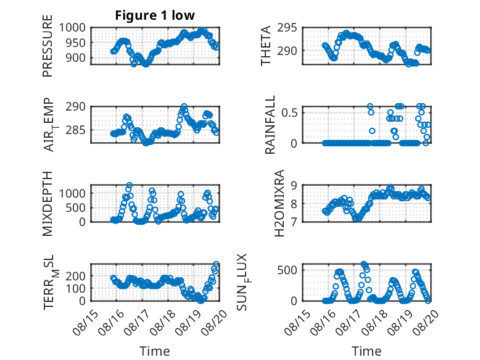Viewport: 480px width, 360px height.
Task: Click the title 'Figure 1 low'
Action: tap(155, 15)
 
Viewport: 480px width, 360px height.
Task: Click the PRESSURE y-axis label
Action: tap(48, 46)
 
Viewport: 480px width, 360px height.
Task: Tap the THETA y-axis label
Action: tap(266, 46)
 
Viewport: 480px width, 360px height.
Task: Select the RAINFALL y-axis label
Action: tap(270, 125)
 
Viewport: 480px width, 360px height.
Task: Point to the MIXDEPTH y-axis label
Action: tap(48, 204)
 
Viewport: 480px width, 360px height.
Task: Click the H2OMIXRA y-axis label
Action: tap(279, 203)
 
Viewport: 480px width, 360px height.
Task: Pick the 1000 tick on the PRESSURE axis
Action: tap(72, 28)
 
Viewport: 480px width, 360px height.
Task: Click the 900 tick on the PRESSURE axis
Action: tap(76, 57)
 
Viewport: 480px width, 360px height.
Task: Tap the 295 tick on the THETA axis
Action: tap(287, 28)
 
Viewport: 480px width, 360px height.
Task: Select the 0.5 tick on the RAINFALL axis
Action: tap(289, 113)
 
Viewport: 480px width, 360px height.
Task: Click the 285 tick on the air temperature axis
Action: tap(76, 130)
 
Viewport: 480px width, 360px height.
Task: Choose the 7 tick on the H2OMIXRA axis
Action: tap(294, 222)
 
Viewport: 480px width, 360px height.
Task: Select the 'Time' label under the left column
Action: tap(155, 351)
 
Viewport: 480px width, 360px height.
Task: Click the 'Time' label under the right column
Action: tap(366, 351)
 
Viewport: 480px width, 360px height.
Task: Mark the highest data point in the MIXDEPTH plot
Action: tap(130, 185)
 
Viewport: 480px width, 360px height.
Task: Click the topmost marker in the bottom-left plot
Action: tap(216, 264)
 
